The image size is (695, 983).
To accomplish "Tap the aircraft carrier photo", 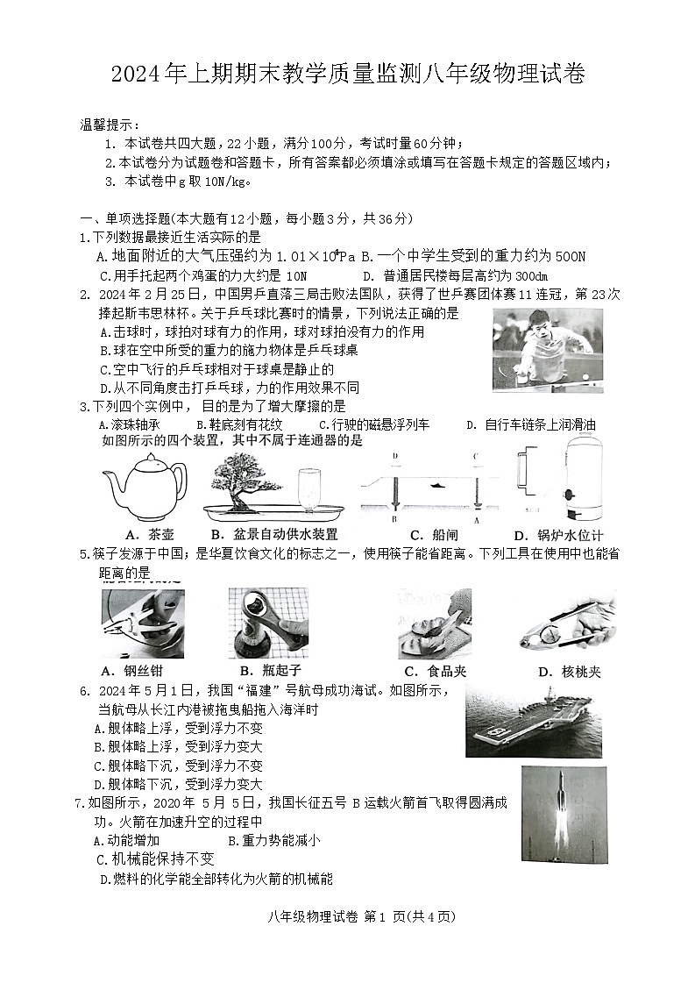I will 534,719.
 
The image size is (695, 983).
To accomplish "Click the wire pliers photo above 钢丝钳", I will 142,623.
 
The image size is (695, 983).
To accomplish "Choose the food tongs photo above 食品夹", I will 435,623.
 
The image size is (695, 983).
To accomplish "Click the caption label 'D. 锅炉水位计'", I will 558,536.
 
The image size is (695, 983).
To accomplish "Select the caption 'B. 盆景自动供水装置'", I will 273,535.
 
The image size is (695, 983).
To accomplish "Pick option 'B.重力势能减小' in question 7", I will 273,841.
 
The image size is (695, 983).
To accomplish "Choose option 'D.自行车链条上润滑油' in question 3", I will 531,425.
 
